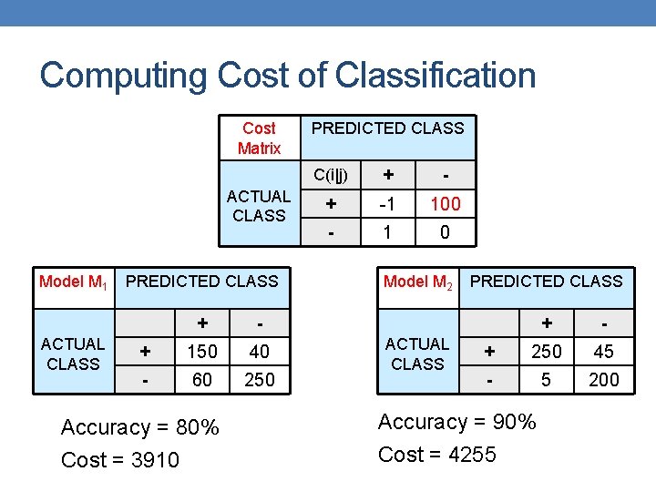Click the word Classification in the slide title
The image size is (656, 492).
coord(436,76)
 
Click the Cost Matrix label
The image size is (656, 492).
coord(259,138)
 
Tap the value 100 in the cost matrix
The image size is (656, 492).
coord(445,204)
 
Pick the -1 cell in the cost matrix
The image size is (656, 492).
coord(387,204)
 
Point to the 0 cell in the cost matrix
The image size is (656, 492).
coord(445,232)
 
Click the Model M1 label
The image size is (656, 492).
coord(74,282)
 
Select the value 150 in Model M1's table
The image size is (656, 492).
coord(202,352)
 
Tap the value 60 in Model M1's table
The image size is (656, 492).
coord(202,379)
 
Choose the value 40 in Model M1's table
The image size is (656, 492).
coord(260,352)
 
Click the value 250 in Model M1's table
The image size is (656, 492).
coord(260,379)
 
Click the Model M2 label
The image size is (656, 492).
coord(418,282)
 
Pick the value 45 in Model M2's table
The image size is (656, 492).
coord(603,352)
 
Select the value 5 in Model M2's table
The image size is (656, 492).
coord(546,379)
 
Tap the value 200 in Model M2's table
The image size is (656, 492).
coord(603,379)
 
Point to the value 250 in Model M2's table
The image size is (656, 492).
coord(546,352)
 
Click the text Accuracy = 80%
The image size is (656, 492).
coord(139,427)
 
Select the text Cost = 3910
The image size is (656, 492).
coord(120,460)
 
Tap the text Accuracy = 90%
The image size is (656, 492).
coord(457,422)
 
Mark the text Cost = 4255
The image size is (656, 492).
coord(437,455)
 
